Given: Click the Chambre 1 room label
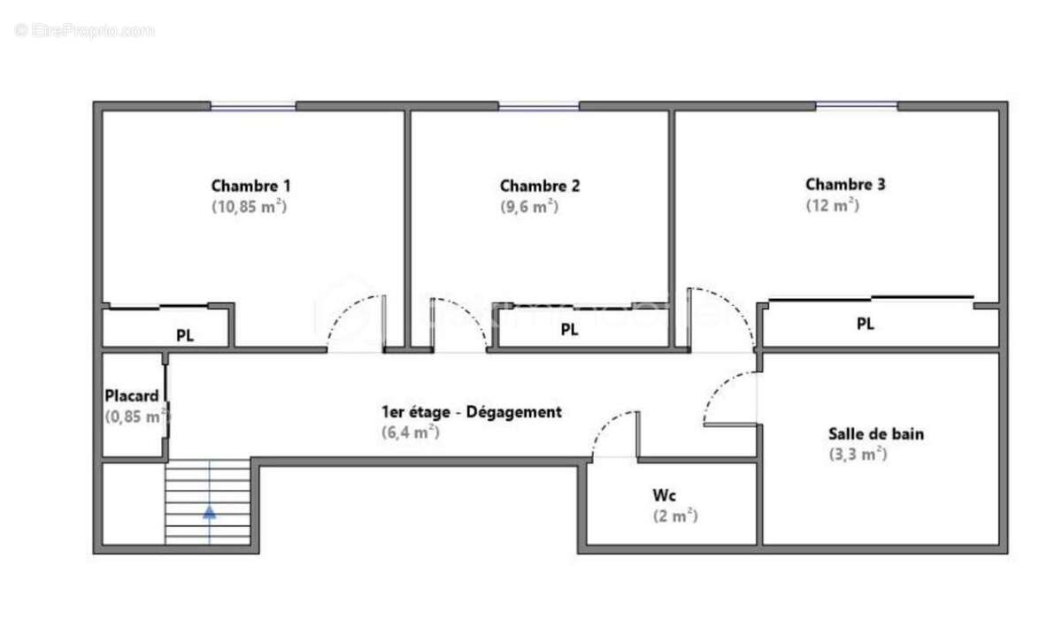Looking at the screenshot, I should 250,186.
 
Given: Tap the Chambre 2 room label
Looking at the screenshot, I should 540,186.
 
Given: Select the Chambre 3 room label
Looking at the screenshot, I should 845,185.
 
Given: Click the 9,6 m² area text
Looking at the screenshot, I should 529,206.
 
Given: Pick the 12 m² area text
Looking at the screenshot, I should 832,205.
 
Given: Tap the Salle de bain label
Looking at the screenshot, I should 876,434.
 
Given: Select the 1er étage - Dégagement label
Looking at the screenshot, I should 471,412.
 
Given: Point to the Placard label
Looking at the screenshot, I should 131,395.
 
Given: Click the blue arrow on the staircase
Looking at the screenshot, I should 209,511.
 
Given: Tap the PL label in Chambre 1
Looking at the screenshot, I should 185,336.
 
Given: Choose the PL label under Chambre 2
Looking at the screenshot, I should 569,330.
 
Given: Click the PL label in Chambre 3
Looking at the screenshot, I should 865,325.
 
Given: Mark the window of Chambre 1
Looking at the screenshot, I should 252,107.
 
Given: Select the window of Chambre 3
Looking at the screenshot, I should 855,106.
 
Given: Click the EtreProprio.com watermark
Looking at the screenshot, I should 85,30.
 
